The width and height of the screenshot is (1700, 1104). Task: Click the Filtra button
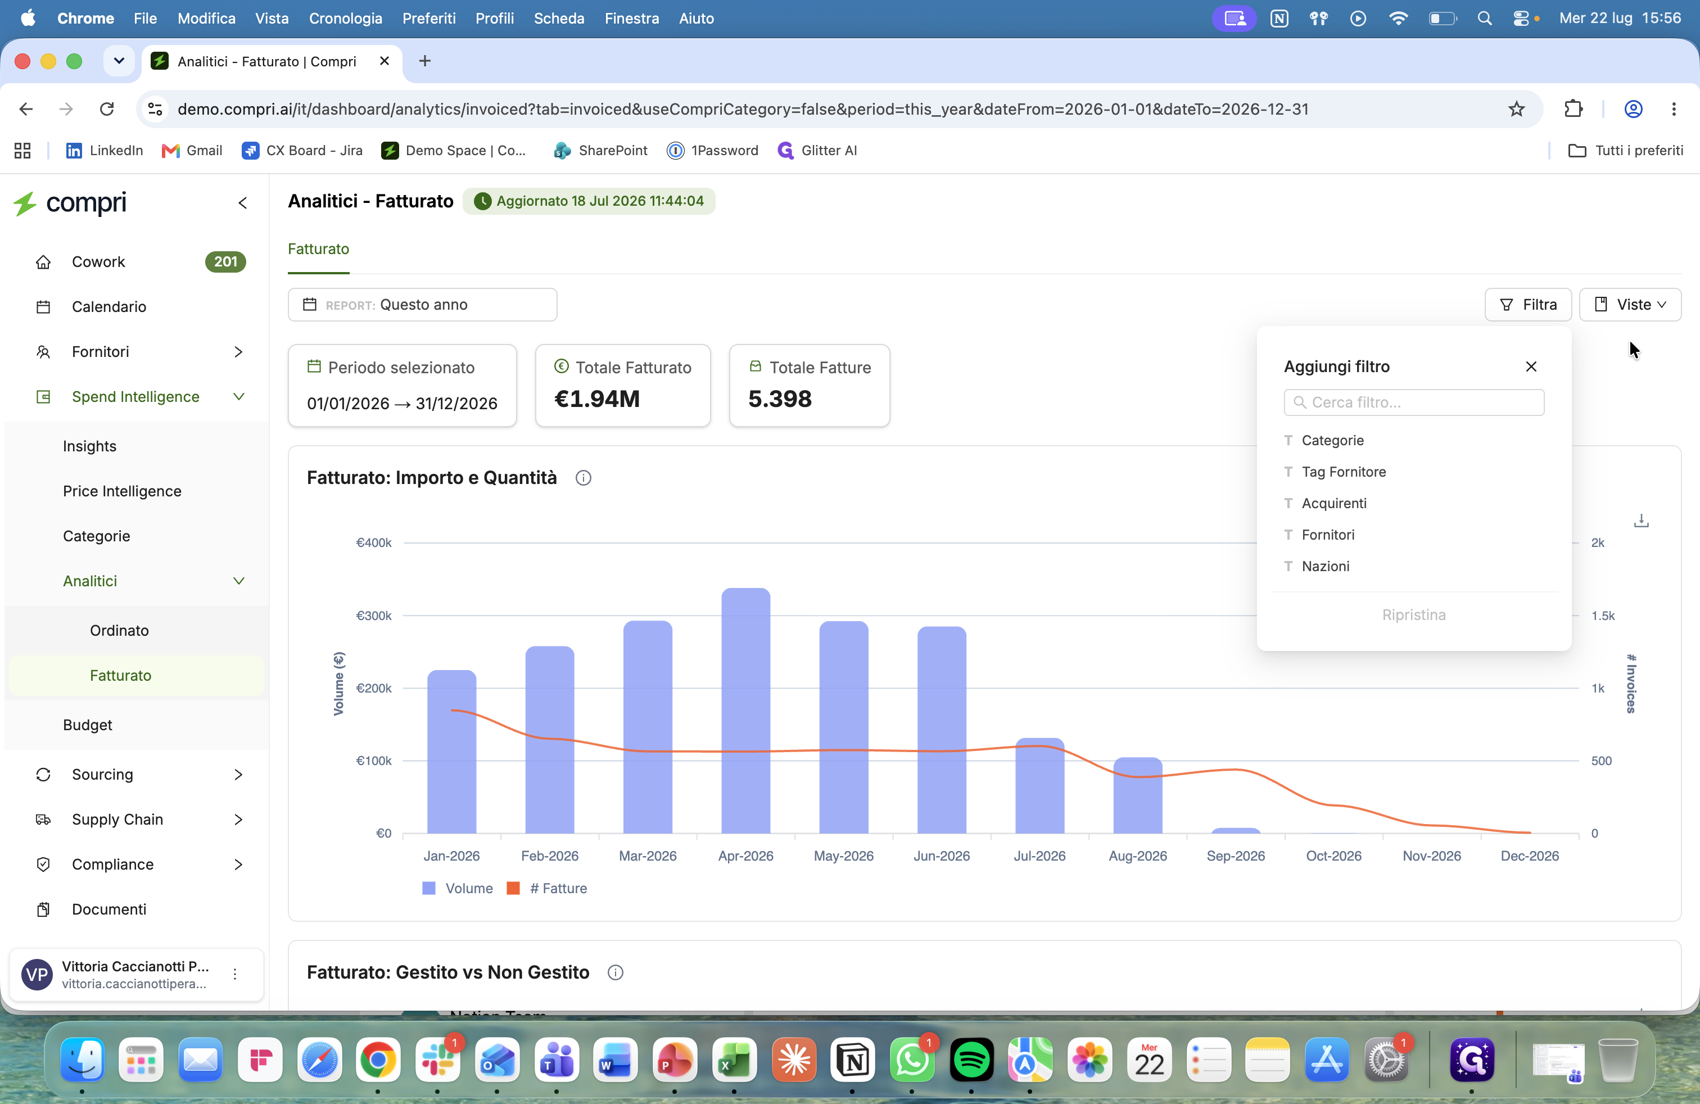1527,305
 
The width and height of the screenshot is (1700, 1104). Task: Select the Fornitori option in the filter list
1327,535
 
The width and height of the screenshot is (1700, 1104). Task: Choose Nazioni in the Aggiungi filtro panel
1325,566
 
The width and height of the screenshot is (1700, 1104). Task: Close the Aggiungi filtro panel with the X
1531,367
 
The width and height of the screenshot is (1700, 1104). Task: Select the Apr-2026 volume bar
745,711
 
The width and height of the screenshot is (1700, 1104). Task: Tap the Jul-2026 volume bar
1039,785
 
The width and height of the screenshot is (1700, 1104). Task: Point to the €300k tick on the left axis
374,616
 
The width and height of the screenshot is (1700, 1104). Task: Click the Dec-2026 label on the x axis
1529,856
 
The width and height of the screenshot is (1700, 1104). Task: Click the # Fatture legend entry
547,888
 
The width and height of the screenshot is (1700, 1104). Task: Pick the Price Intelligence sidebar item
122,491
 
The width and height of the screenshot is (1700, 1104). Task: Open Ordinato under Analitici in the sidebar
119,631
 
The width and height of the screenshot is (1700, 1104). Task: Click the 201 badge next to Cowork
225,262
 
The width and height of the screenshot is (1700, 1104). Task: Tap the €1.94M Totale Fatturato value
597,399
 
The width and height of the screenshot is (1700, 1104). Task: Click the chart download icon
1641,521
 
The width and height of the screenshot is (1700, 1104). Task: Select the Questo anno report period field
422,305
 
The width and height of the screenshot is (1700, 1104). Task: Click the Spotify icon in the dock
971,1060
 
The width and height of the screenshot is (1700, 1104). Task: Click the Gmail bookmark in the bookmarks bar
192,151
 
